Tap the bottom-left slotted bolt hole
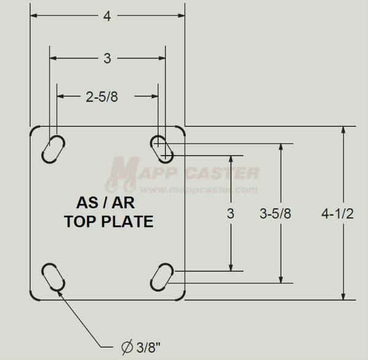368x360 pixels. [53, 278]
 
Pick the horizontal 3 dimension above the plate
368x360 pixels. [107, 59]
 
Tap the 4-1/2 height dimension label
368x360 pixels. [338, 214]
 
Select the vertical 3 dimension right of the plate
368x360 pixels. [231, 214]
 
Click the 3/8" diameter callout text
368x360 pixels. [151, 348]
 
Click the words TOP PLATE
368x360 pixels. [109, 222]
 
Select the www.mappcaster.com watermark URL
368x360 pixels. [208, 190]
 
